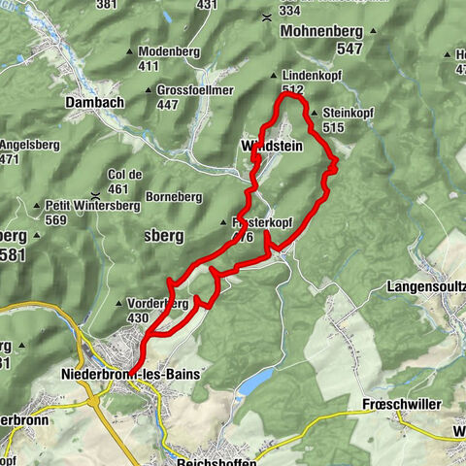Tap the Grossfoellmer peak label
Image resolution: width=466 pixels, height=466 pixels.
(187, 89)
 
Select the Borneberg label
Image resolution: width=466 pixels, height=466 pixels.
(173, 196)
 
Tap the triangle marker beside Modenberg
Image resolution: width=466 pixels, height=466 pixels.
(130, 52)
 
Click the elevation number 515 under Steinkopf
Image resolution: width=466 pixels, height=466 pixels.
(334, 127)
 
